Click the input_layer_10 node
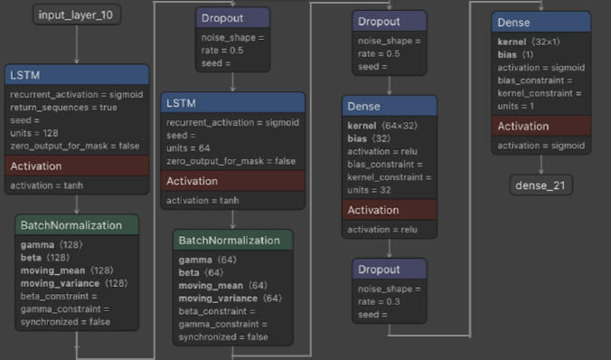(x=76, y=14)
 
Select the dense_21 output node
(x=540, y=185)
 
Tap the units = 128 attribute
(x=34, y=133)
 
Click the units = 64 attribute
(x=188, y=148)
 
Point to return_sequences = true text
(x=63, y=108)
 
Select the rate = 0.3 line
(x=379, y=301)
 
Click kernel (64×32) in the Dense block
(x=382, y=126)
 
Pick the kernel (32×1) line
(x=529, y=42)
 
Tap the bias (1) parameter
(x=515, y=54)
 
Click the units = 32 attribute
(x=369, y=190)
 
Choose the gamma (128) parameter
(x=52, y=245)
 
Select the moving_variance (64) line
(x=230, y=298)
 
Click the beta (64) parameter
(x=201, y=272)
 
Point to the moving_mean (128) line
(x=67, y=270)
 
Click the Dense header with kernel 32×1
(x=541, y=23)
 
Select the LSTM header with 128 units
(x=77, y=75)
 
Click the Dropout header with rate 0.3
(x=390, y=270)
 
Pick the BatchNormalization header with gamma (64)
(x=232, y=241)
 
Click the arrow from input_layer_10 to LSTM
(x=76, y=44)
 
